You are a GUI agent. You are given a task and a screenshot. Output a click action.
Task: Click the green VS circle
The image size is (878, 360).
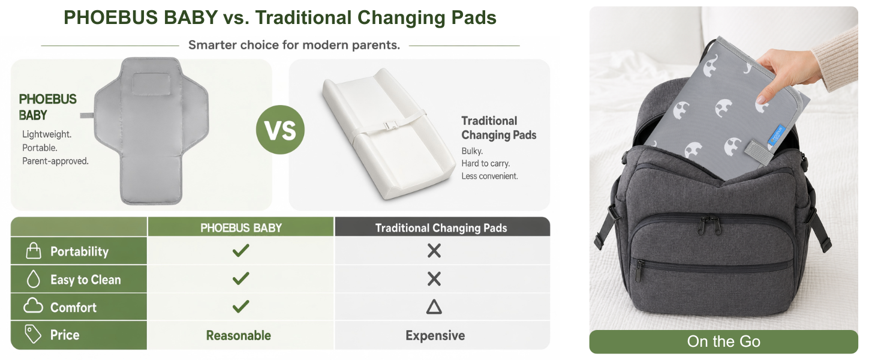(280, 130)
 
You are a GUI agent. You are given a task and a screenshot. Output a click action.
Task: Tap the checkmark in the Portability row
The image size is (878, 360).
(240, 250)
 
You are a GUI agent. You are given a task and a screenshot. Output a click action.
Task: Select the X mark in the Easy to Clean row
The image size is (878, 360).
(434, 279)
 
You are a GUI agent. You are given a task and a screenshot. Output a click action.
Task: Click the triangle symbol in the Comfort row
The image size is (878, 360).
(434, 307)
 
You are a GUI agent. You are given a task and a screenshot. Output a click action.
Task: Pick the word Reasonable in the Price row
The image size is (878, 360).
(238, 335)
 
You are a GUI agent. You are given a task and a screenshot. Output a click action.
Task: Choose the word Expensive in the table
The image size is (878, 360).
(435, 335)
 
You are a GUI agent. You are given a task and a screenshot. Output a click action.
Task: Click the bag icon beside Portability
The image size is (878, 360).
(34, 251)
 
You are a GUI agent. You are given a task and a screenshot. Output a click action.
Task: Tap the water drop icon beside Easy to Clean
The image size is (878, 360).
(34, 279)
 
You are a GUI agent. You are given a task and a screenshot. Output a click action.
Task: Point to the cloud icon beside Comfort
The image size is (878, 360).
(33, 306)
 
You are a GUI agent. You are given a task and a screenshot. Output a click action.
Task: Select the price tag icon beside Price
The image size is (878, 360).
(32, 334)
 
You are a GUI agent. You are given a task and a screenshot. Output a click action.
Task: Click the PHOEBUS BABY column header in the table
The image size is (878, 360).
(241, 228)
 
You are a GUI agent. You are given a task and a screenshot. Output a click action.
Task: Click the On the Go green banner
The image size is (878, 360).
(723, 341)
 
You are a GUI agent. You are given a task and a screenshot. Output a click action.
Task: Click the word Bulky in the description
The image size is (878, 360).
(472, 151)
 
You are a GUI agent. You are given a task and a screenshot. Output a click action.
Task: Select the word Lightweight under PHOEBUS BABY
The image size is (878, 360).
(47, 134)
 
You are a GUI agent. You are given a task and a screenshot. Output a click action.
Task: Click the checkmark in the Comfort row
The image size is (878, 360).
(240, 306)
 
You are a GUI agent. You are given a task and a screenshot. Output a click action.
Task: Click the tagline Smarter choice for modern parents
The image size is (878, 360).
(294, 45)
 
